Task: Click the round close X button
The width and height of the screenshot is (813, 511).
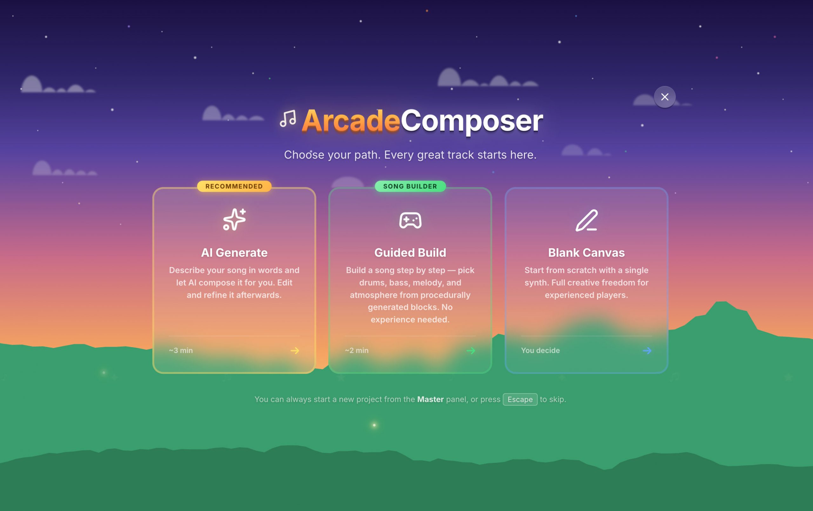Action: coord(664,97)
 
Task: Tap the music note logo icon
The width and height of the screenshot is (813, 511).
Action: coord(288,118)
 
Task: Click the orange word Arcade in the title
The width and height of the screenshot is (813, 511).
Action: coord(351,121)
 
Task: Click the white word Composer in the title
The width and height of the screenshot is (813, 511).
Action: coord(472,121)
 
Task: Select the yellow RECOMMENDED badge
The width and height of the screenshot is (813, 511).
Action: coord(234,186)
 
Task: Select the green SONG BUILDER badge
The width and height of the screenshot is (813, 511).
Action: coord(410,186)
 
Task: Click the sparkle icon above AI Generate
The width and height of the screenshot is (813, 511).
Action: coord(234,220)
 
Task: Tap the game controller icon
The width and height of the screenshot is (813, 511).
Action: coord(410,220)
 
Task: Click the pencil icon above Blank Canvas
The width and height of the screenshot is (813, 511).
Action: coord(587,220)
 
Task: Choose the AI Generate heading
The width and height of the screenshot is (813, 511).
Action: coord(234,252)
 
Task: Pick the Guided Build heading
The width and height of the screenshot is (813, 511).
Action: coord(410,252)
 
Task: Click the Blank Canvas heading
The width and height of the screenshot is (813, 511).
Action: coord(587,252)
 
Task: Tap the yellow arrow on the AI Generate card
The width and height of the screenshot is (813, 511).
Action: coord(295,351)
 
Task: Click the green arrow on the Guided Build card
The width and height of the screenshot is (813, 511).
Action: coord(471,351)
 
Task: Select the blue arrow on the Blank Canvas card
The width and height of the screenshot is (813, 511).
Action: coord(647,351)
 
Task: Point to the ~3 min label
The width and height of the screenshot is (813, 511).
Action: coord(181,350)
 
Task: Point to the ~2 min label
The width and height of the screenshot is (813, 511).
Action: coord(357,350)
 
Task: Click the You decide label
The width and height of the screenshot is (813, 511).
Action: coord(540,350)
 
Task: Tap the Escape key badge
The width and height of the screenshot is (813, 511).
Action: coord(520,399)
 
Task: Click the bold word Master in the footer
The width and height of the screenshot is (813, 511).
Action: coord(430,399)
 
